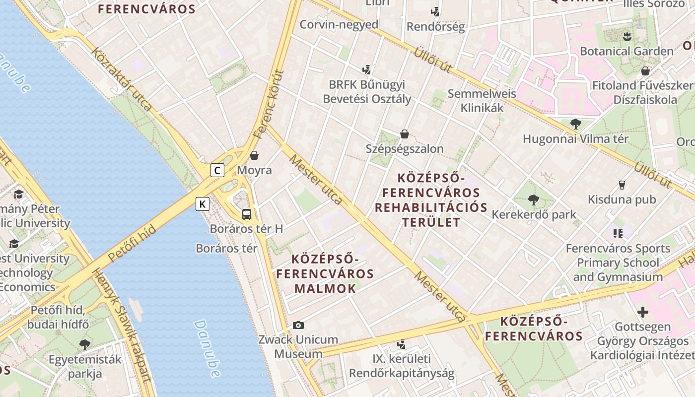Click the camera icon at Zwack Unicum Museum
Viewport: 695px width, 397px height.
pyautogui.click(x=298, y=326)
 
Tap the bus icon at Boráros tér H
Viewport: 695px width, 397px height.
pyautogui.click(x=247, y=214)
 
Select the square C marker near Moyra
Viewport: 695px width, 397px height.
pyautogui.click(x=217, y=170)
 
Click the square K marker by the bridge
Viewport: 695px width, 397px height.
pyautogui.click(x=203, y=204)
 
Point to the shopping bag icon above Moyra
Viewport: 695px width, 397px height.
pyautogui.click(x=254, y=156)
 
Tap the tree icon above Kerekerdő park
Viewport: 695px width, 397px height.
pyautogui.click(x=534, y=200)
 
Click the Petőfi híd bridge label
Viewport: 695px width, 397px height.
pyautogui.click(x=132, y=244)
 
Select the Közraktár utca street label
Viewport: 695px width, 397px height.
pyautogui.click(x=122, y=79)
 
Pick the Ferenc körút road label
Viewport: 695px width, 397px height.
pyautogui.click(x=268, y=104)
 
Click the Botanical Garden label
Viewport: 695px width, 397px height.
pyautogui.click(x=626, y=51)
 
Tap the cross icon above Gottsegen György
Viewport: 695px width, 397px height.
pyautogui.click(x=643, y=312)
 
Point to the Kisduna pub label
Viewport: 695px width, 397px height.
pyautogui.click(x=622, y=199)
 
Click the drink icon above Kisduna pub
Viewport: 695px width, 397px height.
pyautogui.click(x=622, y=185)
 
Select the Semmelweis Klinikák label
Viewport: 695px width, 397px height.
pyautogui.click(x=482, y=101)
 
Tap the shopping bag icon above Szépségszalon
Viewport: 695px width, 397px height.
pyautogui.click(x=405, y=134)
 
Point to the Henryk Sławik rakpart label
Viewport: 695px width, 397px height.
pyautogui.click(x=122, y=325)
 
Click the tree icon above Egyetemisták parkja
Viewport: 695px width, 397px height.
pyautogui.click(x=85, y=344)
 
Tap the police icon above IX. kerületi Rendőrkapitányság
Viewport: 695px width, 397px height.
pyautogui.click(x=402, y=343)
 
